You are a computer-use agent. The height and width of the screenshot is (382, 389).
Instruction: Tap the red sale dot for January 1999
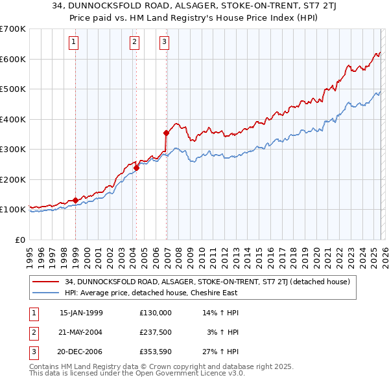click(x=76, y=200)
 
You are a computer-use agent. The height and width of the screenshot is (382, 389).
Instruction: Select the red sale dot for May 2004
click(x=137, y=168)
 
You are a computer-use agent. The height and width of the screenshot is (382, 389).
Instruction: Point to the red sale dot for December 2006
click(x=167, y=133)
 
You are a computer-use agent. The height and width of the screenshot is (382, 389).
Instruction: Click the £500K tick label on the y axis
click(x=12, y=89)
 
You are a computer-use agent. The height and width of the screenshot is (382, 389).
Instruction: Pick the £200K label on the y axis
click(x=12, y=179)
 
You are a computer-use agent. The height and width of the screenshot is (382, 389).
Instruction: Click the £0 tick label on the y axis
click(x=19, y=240)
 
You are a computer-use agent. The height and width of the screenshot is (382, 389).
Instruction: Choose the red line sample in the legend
click(x=45, y=282)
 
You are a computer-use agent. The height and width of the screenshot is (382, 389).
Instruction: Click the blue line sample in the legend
click(x=45, y=293)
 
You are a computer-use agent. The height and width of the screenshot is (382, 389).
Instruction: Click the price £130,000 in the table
click(x=156, y=312)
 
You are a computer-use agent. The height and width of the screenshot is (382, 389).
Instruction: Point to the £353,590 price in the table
click(x=156, y=352)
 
